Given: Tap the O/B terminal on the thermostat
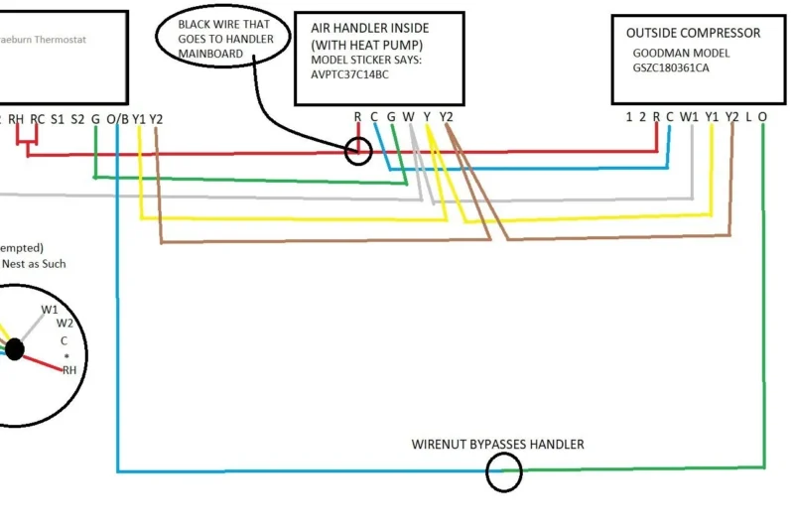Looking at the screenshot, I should [117, 118].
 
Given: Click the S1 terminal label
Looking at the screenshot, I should [59, 118].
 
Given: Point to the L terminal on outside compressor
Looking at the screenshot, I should [748, 116].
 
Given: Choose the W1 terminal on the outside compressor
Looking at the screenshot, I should [690, 116].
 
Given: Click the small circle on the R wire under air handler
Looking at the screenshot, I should [358, 152].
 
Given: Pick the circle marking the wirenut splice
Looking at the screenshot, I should [503, 472].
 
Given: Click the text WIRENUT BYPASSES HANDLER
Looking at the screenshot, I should [497, 444].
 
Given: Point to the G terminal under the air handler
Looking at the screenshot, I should [391, 116].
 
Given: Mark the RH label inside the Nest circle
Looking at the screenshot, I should [69, 369].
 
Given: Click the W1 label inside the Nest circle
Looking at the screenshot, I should [50, 310].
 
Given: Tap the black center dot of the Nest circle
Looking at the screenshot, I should [14, 349].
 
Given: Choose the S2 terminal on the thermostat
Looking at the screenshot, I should [77, 118].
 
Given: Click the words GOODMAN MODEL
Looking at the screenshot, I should [680, 53].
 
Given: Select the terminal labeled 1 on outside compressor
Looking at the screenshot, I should [629, 116].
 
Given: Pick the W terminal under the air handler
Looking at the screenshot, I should [408, 116].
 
